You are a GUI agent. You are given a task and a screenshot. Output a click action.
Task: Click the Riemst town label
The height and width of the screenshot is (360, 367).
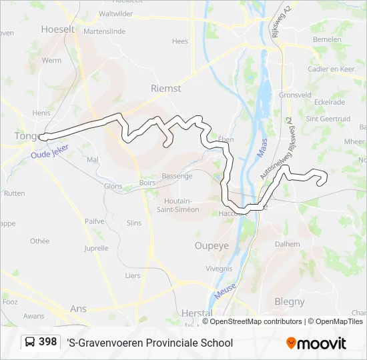[x=166, y=88]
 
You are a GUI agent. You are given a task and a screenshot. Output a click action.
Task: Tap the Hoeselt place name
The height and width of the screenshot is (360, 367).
[x=57, y=29]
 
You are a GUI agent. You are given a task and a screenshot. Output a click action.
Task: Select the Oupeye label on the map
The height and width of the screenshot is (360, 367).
[x=212, y=245]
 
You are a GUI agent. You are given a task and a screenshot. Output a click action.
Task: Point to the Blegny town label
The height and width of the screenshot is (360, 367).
[x=290, y=301]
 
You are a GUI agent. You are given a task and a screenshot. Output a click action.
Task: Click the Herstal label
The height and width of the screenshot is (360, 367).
[x=197, y=313]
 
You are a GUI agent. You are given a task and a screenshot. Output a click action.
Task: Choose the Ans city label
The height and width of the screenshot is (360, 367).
[x=78, y=309]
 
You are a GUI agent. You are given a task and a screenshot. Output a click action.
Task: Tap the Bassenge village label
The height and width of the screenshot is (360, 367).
[x=177, y=176]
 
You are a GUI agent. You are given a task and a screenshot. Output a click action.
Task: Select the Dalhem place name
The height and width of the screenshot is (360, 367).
[x=288, y=244]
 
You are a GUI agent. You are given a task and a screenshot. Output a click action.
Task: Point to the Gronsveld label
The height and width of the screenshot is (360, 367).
[x=295, y=95]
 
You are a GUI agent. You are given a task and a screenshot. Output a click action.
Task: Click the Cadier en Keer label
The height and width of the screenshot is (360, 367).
[x=331, y=69]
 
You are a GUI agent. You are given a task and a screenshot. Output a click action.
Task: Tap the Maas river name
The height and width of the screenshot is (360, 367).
[x=263, y=149]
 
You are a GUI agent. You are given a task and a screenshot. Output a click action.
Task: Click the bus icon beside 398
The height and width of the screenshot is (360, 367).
[x=31, y=343]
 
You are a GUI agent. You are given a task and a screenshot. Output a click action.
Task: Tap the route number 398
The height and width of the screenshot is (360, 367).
[x=48, y=342]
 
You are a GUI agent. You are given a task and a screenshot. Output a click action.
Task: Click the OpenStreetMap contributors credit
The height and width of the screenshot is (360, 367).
[x=252, y=321]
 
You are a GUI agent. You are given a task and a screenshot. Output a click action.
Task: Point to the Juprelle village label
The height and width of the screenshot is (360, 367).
[x=96, y=248]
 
